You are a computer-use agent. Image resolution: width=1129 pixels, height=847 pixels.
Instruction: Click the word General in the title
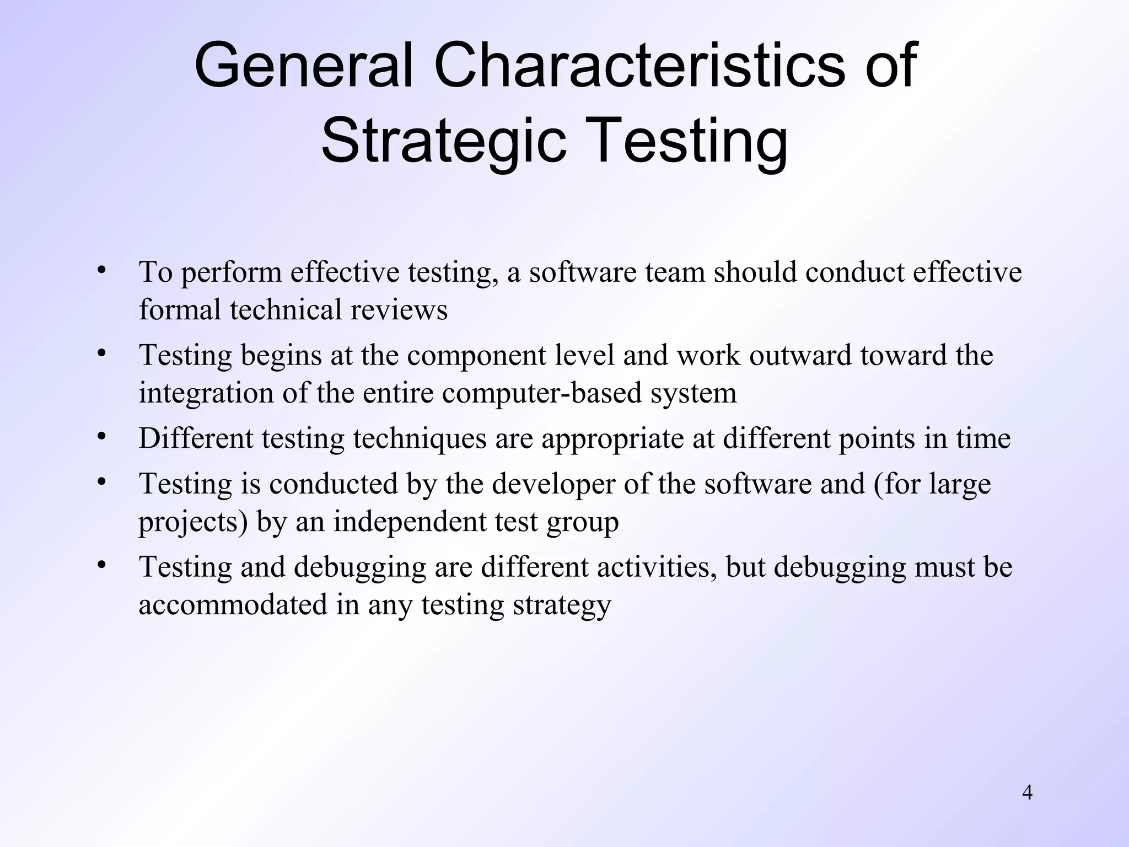pyautogui.click(x=303, y=66)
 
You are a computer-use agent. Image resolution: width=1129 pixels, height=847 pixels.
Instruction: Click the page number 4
pyautogui.click(x=1027, y=793)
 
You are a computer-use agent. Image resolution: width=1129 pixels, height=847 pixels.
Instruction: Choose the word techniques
pyautogui.click(x=420, y=438)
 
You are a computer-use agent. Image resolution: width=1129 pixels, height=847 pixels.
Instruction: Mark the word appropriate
pyautogui.click(x=627, y=439)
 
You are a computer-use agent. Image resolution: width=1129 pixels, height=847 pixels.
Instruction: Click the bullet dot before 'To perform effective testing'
pyautogui.click(x=101, y=270)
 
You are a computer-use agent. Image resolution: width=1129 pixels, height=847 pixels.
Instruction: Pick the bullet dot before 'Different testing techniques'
pyautogui.click(x=101, y=436)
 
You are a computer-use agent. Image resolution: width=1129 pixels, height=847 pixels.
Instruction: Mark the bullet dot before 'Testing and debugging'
pyautogui.click(x=101, y=565)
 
